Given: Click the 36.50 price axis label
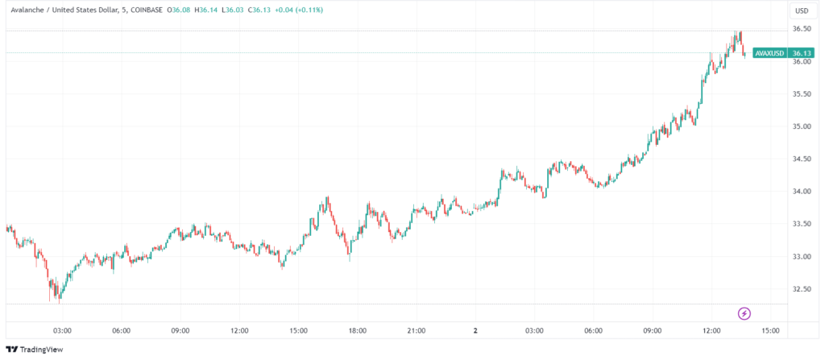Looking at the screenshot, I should (x=801, y=29).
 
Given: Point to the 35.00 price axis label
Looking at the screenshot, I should (x=801, y=126).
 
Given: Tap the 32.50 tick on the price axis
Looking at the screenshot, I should (x=801, y=289).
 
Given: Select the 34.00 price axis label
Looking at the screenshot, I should (x=801, y=192).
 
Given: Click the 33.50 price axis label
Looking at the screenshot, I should (x=801, y=224).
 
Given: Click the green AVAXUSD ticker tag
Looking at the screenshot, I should (x=769, y=53).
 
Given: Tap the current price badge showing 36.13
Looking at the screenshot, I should (x=801, y=53).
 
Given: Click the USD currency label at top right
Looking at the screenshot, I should (x=802, y=10).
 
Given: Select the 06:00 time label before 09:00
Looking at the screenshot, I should (x=122, y=330).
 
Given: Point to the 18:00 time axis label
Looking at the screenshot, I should (x=358, y=330).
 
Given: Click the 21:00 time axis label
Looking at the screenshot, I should (x=417, y=330).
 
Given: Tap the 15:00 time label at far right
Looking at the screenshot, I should (x=770, y=330).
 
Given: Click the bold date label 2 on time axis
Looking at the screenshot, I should (x=475, y=330).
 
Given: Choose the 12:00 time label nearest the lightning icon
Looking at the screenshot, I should (x=711, y=330).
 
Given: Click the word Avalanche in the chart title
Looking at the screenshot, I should (x=27, y=10).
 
